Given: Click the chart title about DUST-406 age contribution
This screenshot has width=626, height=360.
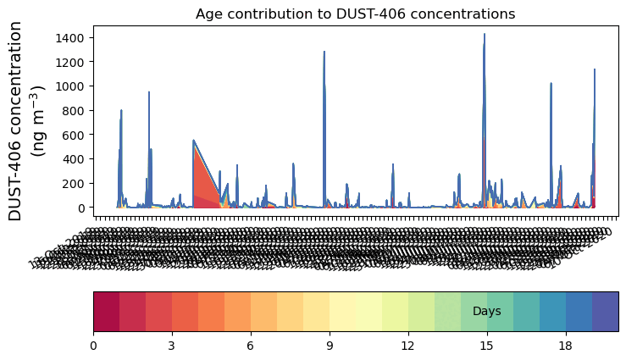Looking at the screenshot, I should point(355,14).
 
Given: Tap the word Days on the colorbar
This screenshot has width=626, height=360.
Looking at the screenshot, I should point(486,312).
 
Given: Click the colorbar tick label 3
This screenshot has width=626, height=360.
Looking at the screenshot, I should point(172,346).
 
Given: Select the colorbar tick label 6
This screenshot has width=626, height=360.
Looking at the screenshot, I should point(251,346).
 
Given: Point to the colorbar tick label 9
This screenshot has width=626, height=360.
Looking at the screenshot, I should point(330,346).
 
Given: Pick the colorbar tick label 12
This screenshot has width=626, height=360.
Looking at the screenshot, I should point(408,346).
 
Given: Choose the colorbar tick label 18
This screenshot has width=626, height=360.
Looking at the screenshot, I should point(566,346).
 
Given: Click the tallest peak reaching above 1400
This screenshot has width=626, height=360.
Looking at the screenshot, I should point(485,36).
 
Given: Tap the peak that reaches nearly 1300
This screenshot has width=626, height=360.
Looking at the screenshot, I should point(324,53).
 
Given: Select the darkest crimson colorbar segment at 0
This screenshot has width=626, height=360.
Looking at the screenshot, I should point(106,312).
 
